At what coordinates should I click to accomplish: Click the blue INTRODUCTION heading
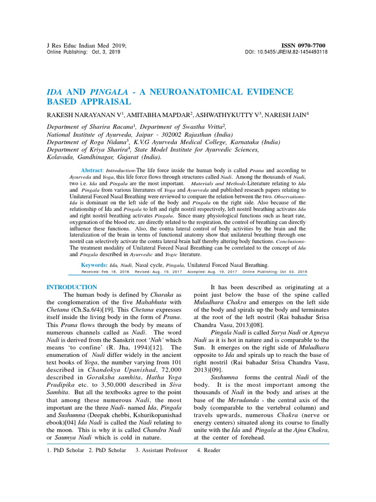point(71,287)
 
